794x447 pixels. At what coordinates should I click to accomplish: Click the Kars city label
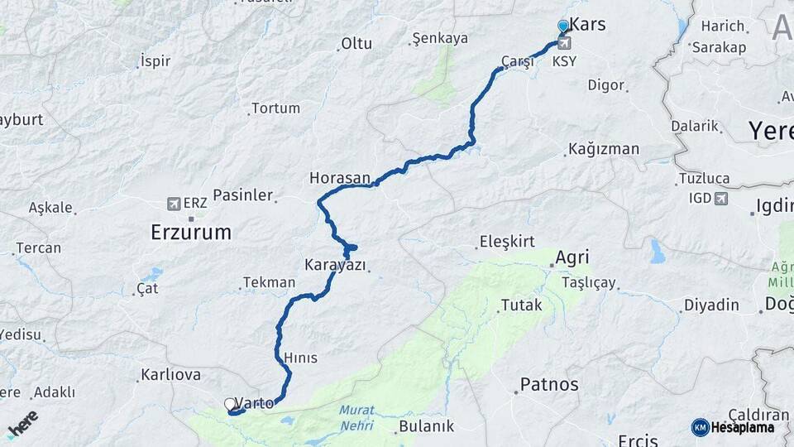click(588, 25)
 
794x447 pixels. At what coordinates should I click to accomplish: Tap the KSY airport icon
click(564, 43)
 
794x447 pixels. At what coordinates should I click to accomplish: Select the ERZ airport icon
click(174, 203)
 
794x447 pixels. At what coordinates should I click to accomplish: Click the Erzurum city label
click(191, 233)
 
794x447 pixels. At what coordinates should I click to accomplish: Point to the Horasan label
click(339, 177)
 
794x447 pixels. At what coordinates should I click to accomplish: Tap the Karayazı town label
click(335, 265)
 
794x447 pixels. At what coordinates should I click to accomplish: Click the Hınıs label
click(300, 358)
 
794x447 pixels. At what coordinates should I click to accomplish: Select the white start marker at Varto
click(229, 404)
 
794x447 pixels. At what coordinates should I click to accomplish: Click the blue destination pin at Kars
click(563, 26)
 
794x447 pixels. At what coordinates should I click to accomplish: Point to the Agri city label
click(572, 257)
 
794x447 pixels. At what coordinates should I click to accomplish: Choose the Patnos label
click(548, 385)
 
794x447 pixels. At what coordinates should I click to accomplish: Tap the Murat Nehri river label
click(356, 417)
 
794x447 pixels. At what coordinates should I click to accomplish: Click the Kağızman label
click(605, 150)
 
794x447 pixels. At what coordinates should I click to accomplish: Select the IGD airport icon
click(721, 198)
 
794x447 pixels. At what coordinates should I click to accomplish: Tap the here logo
click(22, 423)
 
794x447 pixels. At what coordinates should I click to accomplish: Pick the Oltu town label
click(356, 43)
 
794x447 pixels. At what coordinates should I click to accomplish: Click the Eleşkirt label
click(507, 242)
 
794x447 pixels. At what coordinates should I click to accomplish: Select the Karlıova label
click(170, 375)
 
